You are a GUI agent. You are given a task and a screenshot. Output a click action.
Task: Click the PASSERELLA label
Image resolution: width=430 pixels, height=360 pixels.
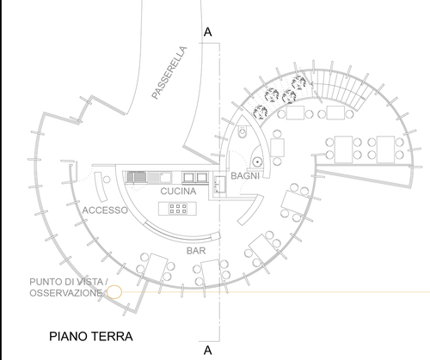169,73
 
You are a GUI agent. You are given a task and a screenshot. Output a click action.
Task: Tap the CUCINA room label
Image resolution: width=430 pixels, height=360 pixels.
178,191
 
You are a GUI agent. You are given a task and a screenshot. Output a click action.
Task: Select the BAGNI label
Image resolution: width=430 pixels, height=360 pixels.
245,176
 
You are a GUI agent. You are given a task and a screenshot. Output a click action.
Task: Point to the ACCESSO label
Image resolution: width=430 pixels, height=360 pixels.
105,211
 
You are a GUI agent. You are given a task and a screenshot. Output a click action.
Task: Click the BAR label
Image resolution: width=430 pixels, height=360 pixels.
196,251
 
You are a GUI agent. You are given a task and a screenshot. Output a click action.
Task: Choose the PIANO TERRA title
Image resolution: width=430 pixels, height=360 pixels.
91,336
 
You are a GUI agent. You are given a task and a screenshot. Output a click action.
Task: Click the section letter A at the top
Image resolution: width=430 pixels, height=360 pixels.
208,32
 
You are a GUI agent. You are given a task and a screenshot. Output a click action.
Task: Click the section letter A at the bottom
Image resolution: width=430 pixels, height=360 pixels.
208,351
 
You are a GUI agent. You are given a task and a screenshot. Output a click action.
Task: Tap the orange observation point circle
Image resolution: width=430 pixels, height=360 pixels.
114,292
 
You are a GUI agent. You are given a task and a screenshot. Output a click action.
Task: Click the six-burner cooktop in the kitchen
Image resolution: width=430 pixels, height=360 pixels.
178,209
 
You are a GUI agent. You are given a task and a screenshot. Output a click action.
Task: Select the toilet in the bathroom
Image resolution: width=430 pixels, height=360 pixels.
243,132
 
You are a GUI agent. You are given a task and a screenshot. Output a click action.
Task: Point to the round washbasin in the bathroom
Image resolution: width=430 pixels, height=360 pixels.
257,162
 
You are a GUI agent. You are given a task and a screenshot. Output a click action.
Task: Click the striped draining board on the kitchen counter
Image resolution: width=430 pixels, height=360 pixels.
137,178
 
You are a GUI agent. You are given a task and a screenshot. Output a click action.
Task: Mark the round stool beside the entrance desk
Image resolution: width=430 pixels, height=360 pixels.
107,180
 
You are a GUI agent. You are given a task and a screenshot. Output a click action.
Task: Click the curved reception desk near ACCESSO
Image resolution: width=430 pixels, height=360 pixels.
101,187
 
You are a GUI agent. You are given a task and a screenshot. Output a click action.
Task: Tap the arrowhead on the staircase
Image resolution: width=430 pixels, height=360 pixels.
312,83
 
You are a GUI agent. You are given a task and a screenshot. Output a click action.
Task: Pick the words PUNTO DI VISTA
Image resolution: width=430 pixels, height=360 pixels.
66,282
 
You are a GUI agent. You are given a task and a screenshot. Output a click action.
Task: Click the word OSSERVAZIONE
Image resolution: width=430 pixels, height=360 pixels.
65,293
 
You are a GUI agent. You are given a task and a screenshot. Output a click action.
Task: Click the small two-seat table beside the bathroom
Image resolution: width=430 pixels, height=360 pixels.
277,147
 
